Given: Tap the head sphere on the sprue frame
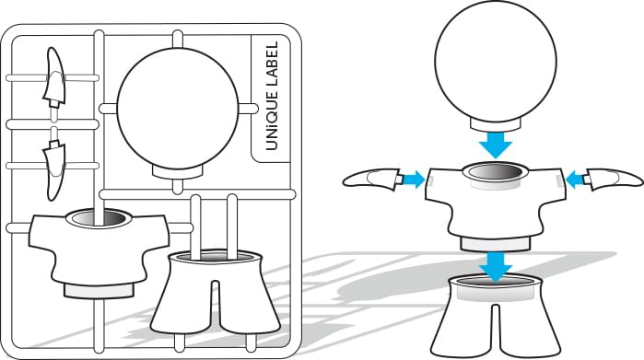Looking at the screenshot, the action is click(x=178, y=108).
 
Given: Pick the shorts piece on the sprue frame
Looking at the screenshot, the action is click(x=216, y=292).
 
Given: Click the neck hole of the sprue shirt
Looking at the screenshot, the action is click(x=99, y=217).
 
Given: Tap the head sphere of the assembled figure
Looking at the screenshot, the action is click(x=496, y=61).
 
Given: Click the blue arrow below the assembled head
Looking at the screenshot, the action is click(x=496, y=145).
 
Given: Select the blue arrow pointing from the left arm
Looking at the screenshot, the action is click(x=413, y=180).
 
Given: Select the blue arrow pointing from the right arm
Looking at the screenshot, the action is click(x=577, y=180).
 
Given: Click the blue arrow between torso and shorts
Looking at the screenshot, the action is click(x=496, y=267).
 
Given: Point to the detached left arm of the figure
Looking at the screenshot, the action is click(x=371, y=179).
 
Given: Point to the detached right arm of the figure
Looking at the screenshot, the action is click(x=615, y=180).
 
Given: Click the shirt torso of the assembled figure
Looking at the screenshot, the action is click(x=496, y=205).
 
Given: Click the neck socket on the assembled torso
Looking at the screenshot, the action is click(x=496, y=171).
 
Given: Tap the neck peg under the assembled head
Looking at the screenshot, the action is click(x=496, y=124).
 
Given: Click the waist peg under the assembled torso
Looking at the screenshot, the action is click(x=495, y=244).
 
